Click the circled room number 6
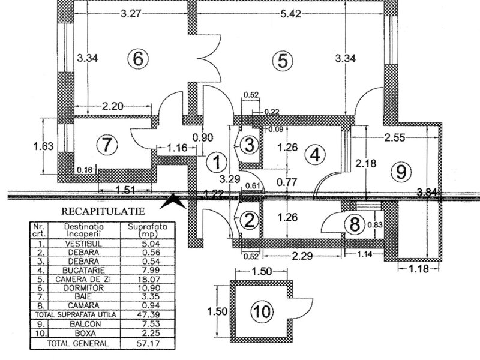(137, 59)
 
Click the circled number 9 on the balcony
(399, 172)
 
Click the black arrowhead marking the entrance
(174, 200)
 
